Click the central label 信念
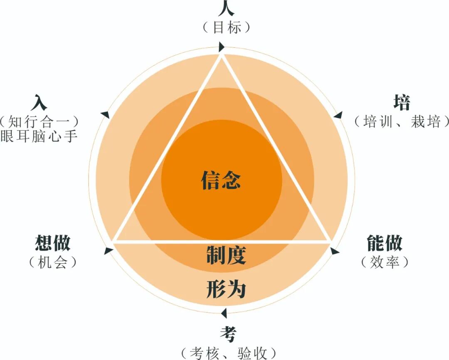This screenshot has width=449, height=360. [x=221, y=180]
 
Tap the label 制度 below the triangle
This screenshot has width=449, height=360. [x=226, y=255]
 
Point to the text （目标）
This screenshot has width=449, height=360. [x=227, y=28]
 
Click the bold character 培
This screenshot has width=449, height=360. [x=402, y=103]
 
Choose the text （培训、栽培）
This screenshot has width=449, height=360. [x=402, y=122]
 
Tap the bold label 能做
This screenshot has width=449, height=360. [x=385, y=243]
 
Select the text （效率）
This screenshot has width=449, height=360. [x=385, y=262]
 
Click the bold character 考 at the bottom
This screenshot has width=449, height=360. [x=228, y=334]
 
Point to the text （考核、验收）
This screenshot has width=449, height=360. [x=228, y=353]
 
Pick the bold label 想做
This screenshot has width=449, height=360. [x=53, y=243]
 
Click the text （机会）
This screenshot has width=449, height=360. [x=53, y=262]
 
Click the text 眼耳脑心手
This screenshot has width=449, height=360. [x=39, y=136]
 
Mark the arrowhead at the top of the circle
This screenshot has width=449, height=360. [x=222, y=46]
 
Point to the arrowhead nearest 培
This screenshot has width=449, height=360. [x=338, y=115]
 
